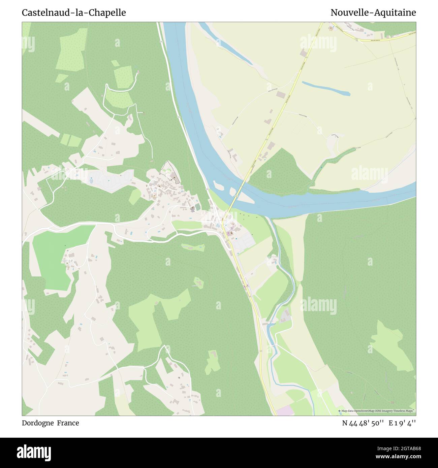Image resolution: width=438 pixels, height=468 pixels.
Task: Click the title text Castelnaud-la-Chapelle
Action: click(x=74, y=12)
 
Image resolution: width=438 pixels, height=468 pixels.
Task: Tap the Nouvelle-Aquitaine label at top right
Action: click(x=373, y=12)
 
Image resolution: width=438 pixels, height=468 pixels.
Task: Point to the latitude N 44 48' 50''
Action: click(x=363, y=423)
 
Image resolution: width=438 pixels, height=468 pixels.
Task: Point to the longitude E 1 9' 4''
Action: click(x=402, y=423)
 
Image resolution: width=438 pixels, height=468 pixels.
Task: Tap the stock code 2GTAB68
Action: click(x=400, y=448)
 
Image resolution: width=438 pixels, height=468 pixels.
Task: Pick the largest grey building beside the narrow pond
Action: click(x=280, y=95)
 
